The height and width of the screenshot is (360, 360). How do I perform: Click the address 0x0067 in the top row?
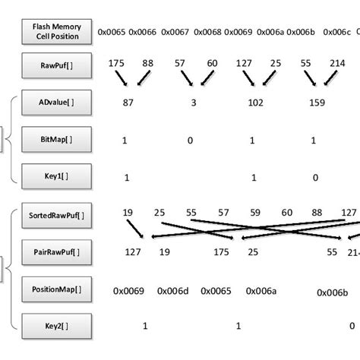(x=175, y=32)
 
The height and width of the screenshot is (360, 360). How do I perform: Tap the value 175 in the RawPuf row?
(x=116, y=64)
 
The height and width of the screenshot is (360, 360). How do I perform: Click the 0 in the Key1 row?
(x=315, y=177)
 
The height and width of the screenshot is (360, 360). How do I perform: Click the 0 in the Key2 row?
(x=352, y=327)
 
